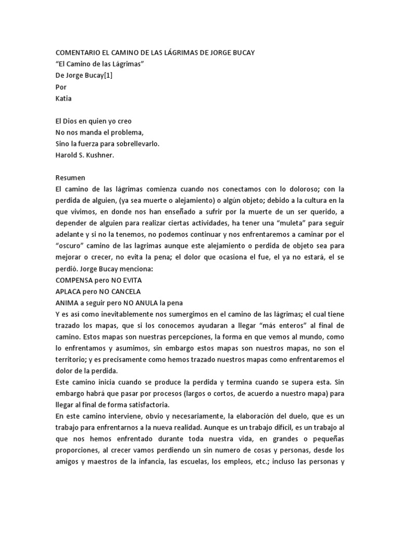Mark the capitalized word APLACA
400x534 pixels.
point(70,292)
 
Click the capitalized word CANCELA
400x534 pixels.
point(124,292)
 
